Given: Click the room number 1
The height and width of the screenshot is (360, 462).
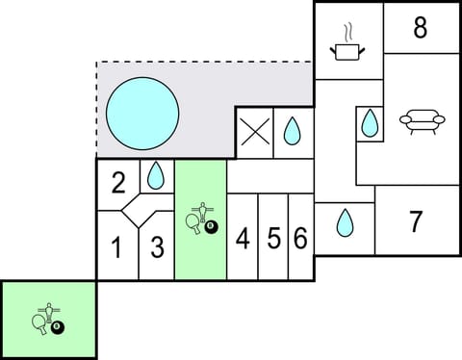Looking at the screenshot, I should [x=116, y=248].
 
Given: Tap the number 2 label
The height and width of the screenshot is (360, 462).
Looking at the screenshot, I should [x=118, y=183].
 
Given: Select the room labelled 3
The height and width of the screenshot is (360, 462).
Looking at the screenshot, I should [x=158, y=247].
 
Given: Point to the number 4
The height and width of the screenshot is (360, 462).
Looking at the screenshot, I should [x=243, y=239].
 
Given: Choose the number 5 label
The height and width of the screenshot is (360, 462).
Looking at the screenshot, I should [x=273, y=239].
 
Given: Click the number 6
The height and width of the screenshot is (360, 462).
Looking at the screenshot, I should [x=300, y=239].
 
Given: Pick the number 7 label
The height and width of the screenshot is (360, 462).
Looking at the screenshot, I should [x=415, y=222].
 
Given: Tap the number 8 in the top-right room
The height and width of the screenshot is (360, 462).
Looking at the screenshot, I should [x=421, y=28].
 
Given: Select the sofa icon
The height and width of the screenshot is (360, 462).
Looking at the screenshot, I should [x=422, y=121].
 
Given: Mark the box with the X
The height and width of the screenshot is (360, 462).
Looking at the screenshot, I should [x=254, y=133].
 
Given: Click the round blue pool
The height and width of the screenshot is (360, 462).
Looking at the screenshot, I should [x=141, y=113].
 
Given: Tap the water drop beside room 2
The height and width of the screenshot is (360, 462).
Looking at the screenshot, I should [x=155, y=175].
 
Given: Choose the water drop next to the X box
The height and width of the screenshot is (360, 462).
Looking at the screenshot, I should [x=293, y=131].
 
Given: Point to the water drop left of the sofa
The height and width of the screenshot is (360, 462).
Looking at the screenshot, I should [x=370, y=123].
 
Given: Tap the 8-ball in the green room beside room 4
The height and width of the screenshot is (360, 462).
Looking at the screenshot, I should [x=212, y=227].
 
